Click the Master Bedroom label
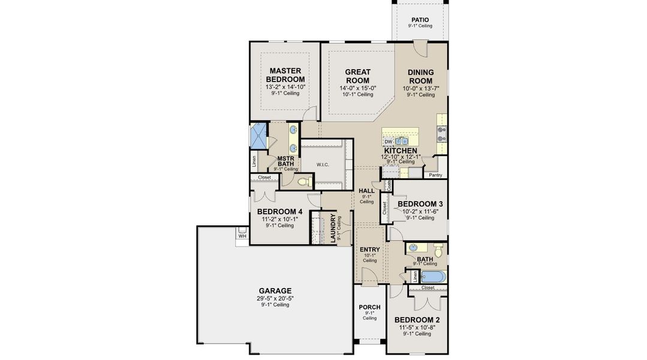tap(285, 74)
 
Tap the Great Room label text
tap(357, 76)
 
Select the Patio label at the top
tap(420, 20)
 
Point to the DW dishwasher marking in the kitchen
tap(388, 142)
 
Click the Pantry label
tap(435, 175)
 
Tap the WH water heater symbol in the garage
tap(242, 235)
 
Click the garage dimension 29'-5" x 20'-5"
tap(275, 298)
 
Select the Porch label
tap(369, 307)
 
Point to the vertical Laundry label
tap(333, 229)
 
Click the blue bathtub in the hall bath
tap(433, 277)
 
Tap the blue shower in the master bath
tap(260, 136)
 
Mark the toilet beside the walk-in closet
tap(303, 181)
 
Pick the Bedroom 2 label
tap(418, 319)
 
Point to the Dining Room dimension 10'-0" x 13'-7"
tap(420, 89)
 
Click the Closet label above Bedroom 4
tap(264, 178)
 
